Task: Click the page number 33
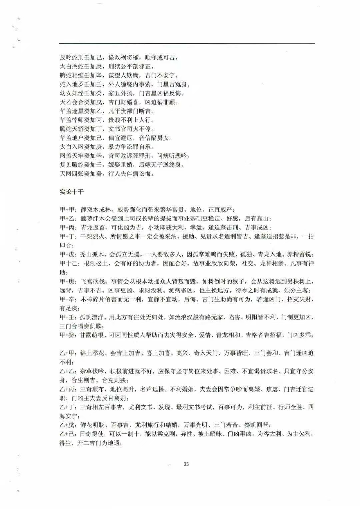click(x=186, y=464)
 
